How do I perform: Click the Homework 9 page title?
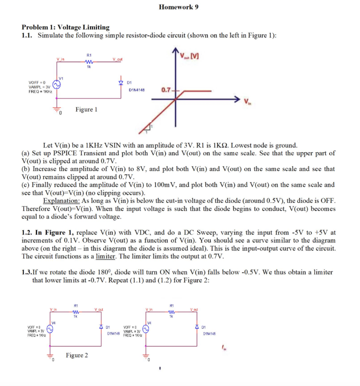pos(178,7)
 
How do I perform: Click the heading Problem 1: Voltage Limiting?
pos(66,27)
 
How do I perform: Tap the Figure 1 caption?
pos(86,109)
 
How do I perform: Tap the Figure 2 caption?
pos(77,355)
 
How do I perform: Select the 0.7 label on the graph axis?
pos(166,90)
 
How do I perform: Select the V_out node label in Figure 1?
pos(117,59)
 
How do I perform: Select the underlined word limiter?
pos(105,256)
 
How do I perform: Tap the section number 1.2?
pos(28,233)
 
